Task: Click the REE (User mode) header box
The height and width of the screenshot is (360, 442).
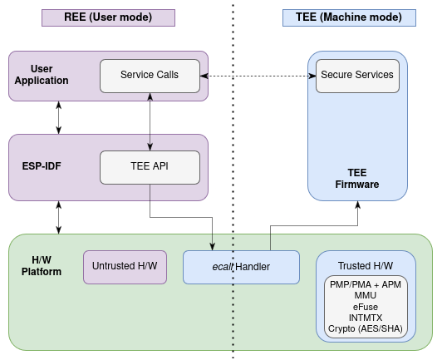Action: [x=108, y=17]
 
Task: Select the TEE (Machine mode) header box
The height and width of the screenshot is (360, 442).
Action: [x=349, y=17]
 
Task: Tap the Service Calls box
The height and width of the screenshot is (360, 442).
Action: [x=150, y=76]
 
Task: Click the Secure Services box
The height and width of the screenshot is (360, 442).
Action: [x=357, y=76]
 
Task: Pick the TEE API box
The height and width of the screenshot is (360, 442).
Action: [x=150, y=168]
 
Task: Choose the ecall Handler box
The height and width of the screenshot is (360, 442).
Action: [x=241, y=267]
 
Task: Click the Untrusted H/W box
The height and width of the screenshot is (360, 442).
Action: [x=125, y=267]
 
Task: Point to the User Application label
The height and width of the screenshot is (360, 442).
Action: [x=42, y=75]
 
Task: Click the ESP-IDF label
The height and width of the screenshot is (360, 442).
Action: [x=42, y=166]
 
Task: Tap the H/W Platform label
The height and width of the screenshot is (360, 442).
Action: [x=42, y=266]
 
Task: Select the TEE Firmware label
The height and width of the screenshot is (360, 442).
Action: [x=357, y=179]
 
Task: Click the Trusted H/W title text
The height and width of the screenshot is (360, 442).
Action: [x=366, y=266]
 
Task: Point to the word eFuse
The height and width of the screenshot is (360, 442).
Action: [x=366, y=307]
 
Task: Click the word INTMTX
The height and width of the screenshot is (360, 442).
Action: [x=366, y=318]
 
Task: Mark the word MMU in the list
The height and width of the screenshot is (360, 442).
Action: [x=366, y=295]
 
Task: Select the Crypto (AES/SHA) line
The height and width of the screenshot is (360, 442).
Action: [x=366, y=328]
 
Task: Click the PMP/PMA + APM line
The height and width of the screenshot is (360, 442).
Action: [x=366, y=284]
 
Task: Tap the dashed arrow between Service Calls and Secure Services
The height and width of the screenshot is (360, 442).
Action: [x=258, y=76]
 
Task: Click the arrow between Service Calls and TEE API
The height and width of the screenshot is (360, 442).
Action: [x=150, y=122]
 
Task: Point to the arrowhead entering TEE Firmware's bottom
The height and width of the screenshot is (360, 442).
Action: [x=357, y=205]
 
